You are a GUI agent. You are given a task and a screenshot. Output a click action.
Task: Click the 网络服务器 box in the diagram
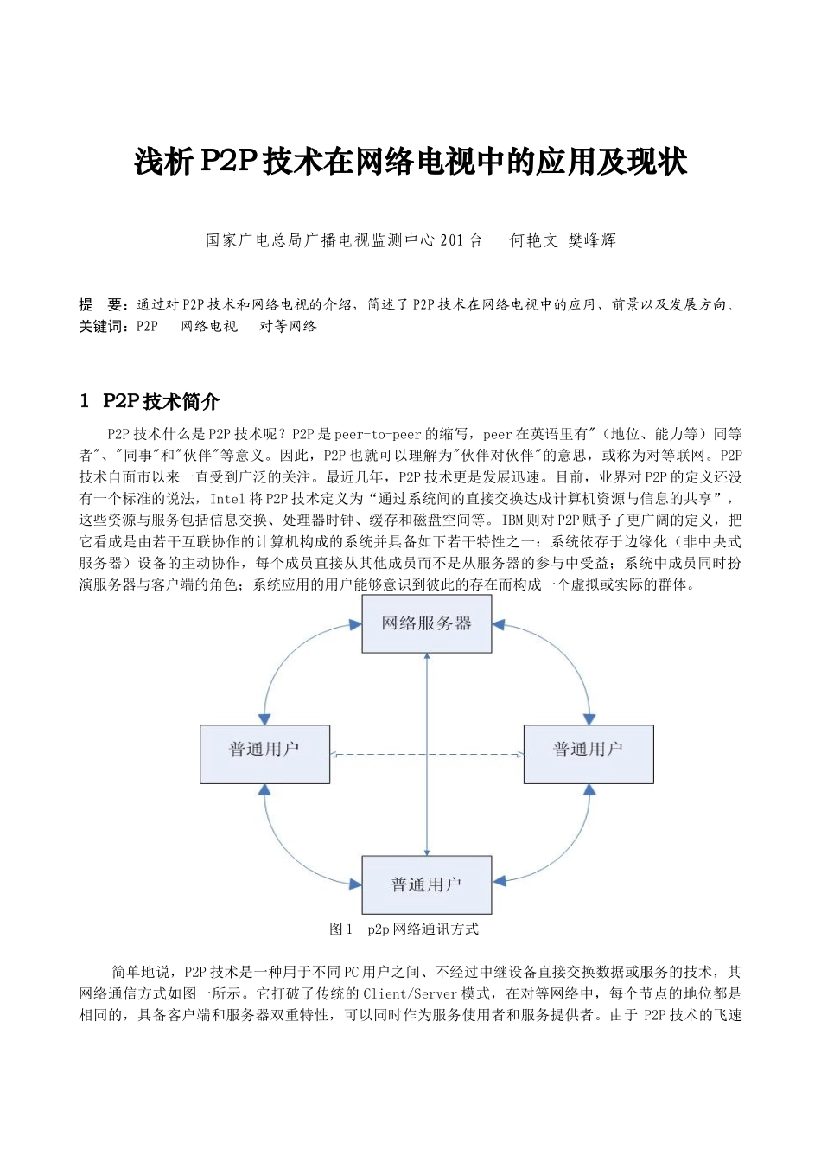click(426, 623)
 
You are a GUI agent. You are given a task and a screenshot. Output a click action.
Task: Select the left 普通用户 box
click(264, 754)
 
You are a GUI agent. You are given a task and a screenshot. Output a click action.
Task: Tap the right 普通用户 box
click(589, 754)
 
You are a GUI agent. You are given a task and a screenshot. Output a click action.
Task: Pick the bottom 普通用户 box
click(426, 884)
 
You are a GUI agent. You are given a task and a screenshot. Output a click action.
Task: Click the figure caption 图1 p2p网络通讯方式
click(404, 929)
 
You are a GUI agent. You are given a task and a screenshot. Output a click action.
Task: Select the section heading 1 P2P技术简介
click(150, 401)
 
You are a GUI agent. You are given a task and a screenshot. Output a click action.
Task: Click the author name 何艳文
click(533, 241)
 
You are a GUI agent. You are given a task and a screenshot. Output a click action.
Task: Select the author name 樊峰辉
click(592, 241)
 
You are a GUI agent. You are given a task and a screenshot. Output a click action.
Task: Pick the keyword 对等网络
click(288, 327)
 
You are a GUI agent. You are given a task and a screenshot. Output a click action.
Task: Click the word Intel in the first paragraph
click(227, 499)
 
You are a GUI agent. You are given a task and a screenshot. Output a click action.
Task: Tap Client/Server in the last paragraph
click(410, 994)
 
